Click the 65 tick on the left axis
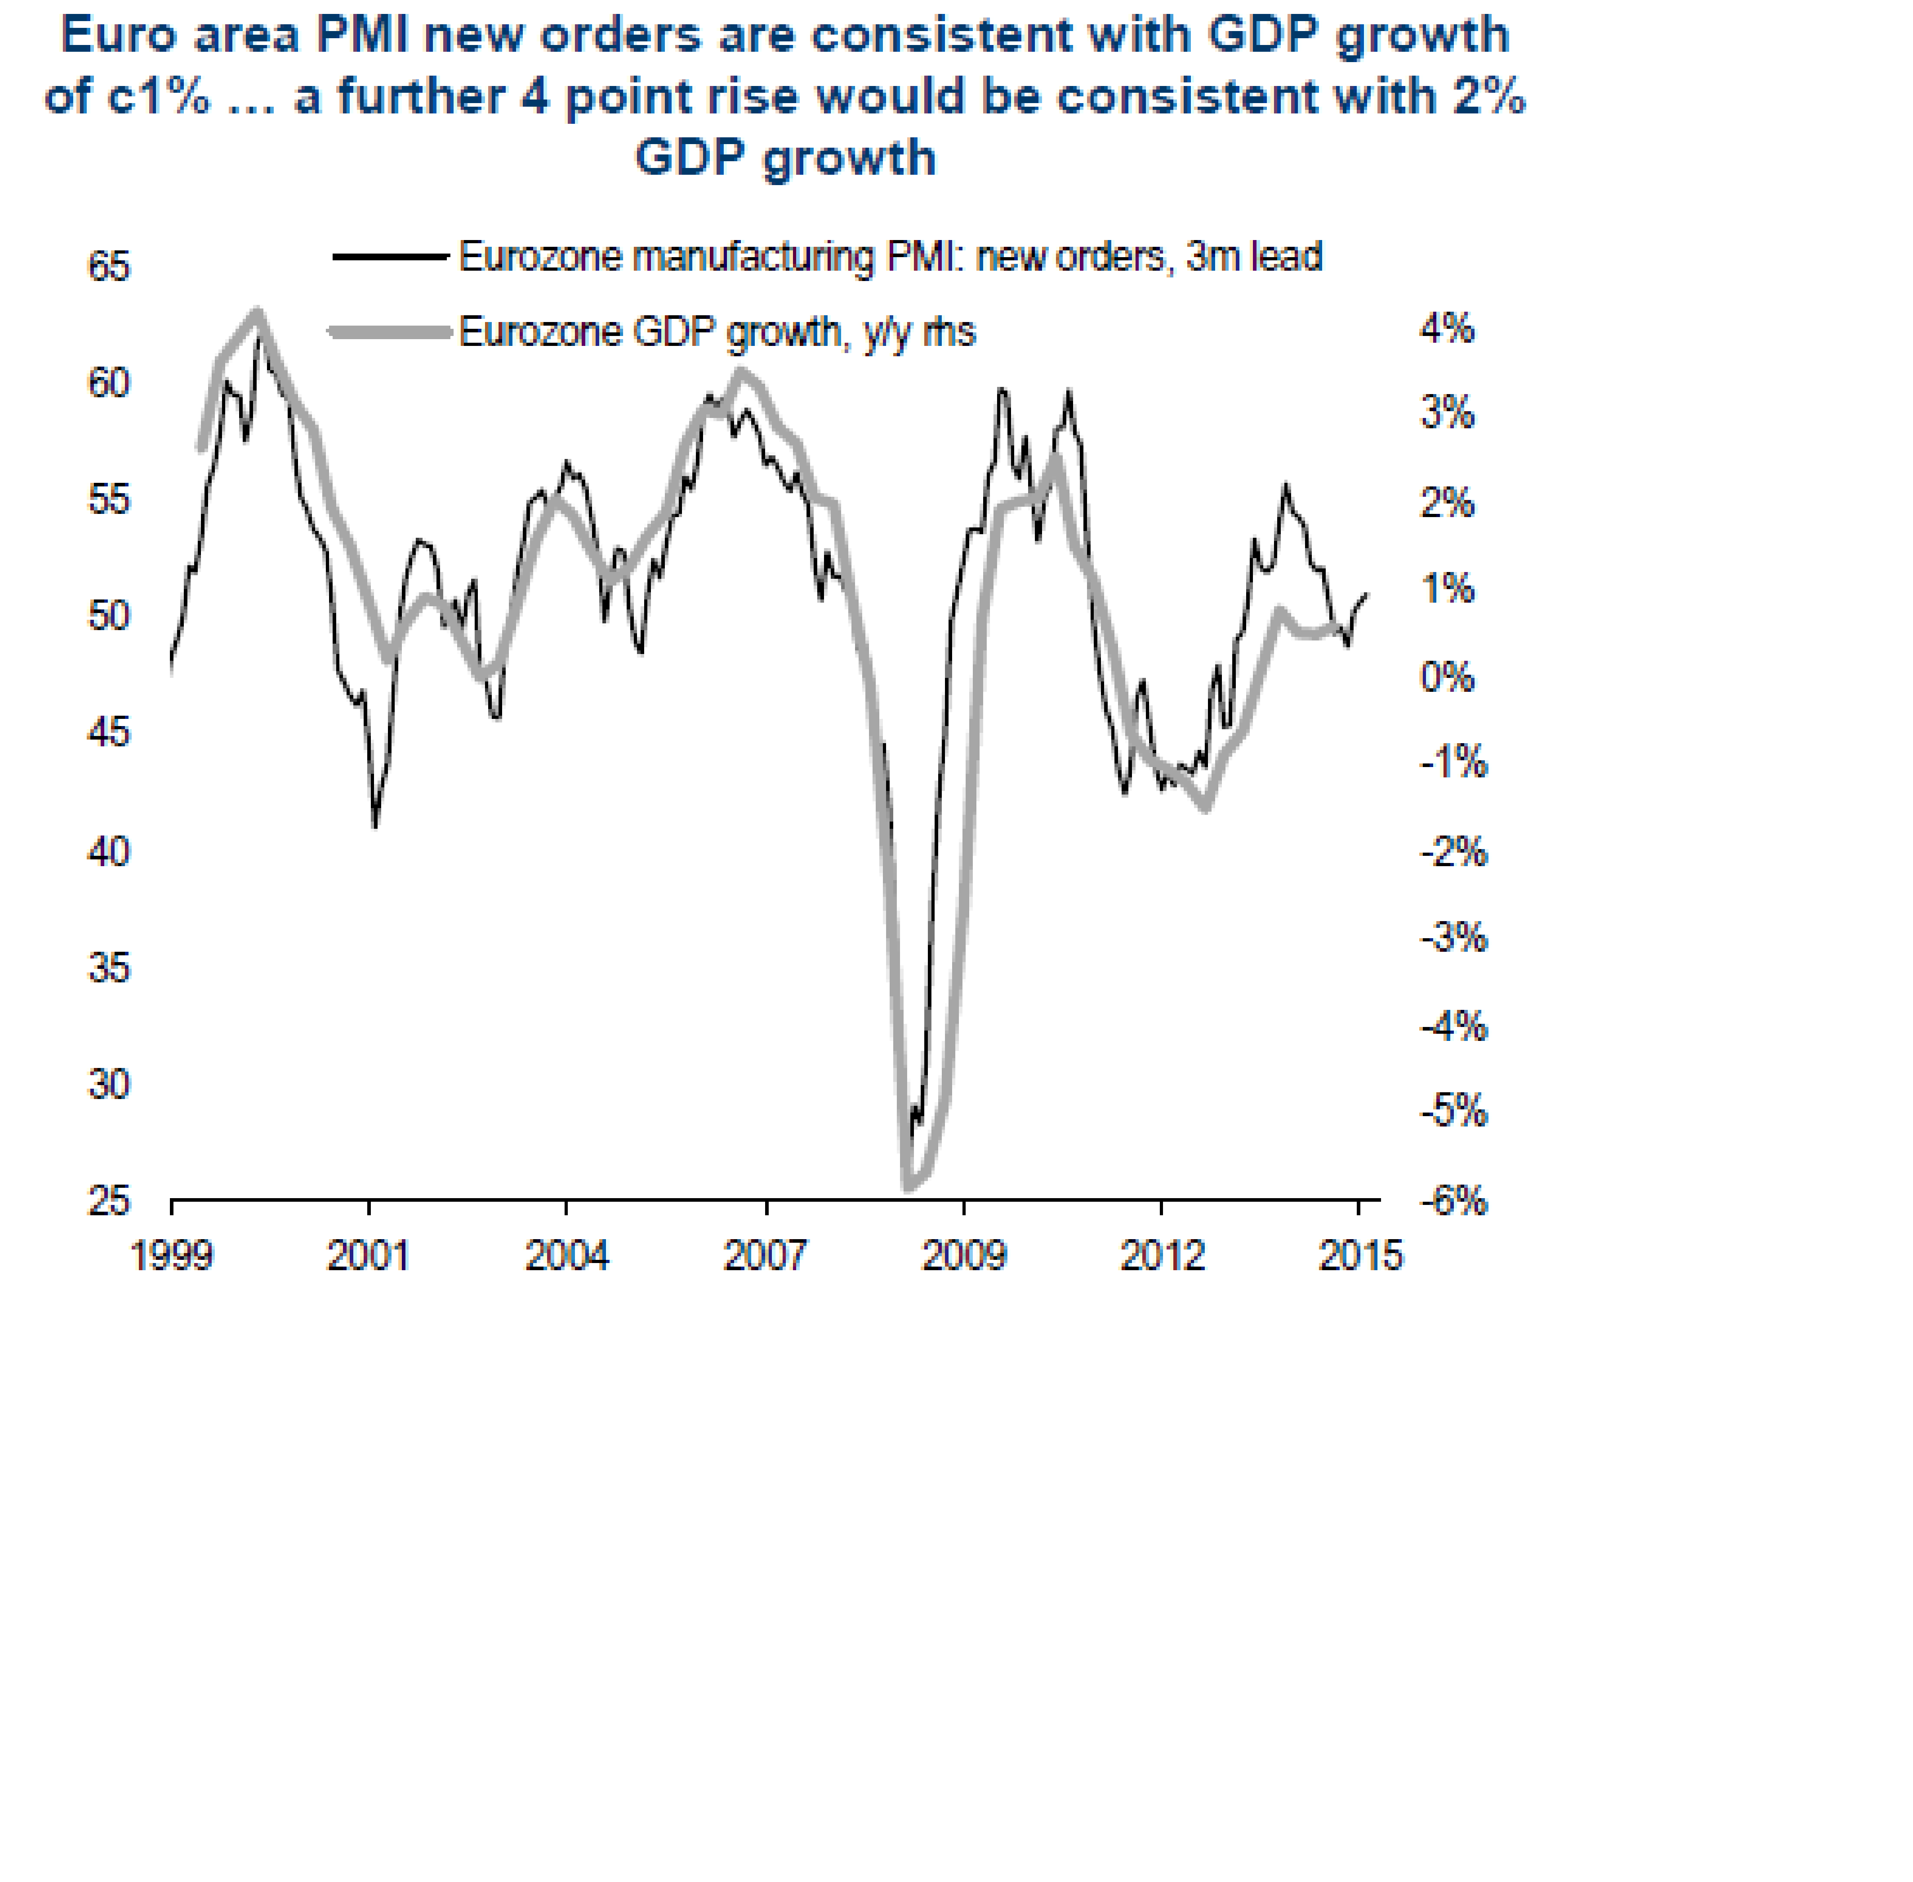pyautogui.click(x=109, y=267)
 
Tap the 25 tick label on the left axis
pyautogui.click(x=109, y=1201)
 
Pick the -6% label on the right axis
pyautogui.click(x=1453, y=1201)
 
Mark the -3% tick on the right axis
pyautogui.click(x=1453, y=937)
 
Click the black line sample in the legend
pyautogui.click(x=390, y=257)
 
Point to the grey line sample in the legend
pyautogui.click(x=390, y=332)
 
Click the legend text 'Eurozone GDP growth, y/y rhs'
pyautogui.click(x=717, y=332)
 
